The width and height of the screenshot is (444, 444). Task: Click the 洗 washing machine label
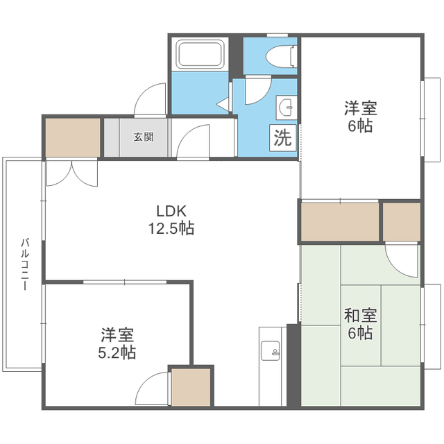click(x=282, y=137)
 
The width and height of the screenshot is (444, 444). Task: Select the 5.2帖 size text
click(x=116, y=352)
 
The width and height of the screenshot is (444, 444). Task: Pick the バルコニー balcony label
click(x=24, y=264)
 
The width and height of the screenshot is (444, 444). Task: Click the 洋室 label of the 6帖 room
click(x=361, y=109)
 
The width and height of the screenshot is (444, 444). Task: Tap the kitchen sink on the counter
click(x=268, y=350)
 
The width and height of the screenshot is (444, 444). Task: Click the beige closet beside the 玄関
click(x=72, y=137)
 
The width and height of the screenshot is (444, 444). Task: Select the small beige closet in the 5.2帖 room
click(x=191, y=387)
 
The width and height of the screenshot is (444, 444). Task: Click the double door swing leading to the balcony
click(x=71, y=173)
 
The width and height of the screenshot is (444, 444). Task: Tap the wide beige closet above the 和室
click(x=339, y=221)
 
